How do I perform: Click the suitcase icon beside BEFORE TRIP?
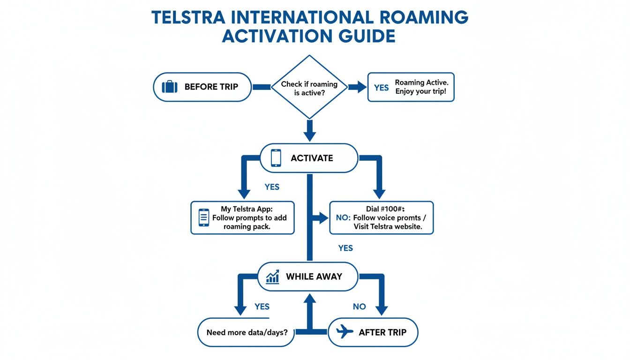coord(170,87)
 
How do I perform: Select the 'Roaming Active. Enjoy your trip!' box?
coord(411,87)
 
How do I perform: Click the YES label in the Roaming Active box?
coord(381,88)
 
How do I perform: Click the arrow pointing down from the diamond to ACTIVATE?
coord(309,130)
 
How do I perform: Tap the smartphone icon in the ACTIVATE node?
coord(276,158)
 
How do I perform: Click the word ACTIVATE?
coord(312,158)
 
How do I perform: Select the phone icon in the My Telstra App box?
coord(204,217)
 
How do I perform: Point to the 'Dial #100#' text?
coord(381,209)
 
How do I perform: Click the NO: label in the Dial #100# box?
coord(343,218)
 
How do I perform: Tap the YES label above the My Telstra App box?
coord(272,187)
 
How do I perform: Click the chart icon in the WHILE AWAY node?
coord(272,277)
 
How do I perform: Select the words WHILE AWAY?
coord(314,277)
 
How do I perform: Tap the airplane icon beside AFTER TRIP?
coord(345,332)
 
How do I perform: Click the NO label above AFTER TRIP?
coord(359,307)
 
